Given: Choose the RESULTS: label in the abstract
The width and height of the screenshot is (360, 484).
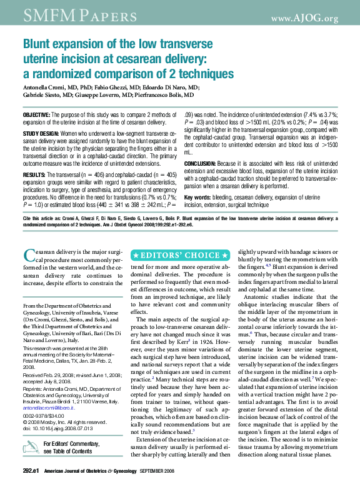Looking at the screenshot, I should click(34, 174).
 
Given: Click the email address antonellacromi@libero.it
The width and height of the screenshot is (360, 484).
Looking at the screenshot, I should click(48, 407).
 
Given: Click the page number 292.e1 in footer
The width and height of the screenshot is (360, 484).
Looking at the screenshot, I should click(31, 470).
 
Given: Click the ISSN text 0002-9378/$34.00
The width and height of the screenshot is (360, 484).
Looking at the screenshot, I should click(39, 416).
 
